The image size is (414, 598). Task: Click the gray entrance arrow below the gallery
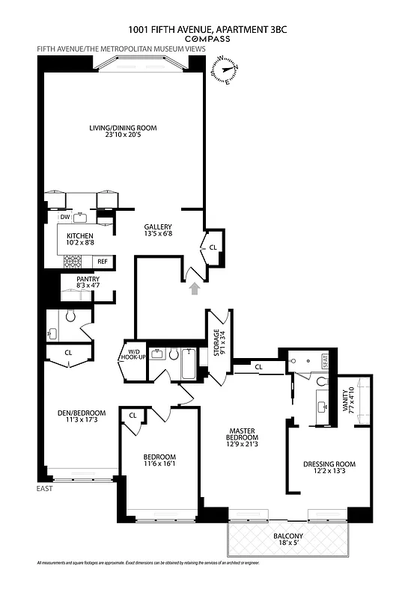[196, 286]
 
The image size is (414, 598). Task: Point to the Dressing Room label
[329, 468]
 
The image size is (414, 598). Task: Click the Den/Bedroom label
[82, 417]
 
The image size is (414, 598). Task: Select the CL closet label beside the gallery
[213, 247]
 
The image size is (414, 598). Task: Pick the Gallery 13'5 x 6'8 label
[159, 230]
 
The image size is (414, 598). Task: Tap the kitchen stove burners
[73, 261]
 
